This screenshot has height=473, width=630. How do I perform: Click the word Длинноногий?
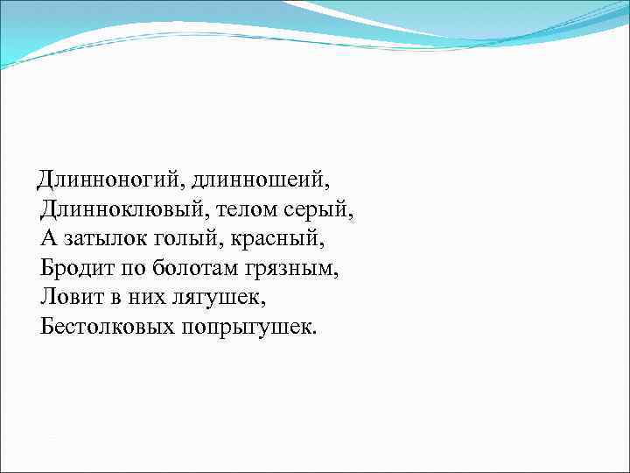108,181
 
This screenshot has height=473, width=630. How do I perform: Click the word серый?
323,211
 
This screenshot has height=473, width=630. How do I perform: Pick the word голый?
191,240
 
